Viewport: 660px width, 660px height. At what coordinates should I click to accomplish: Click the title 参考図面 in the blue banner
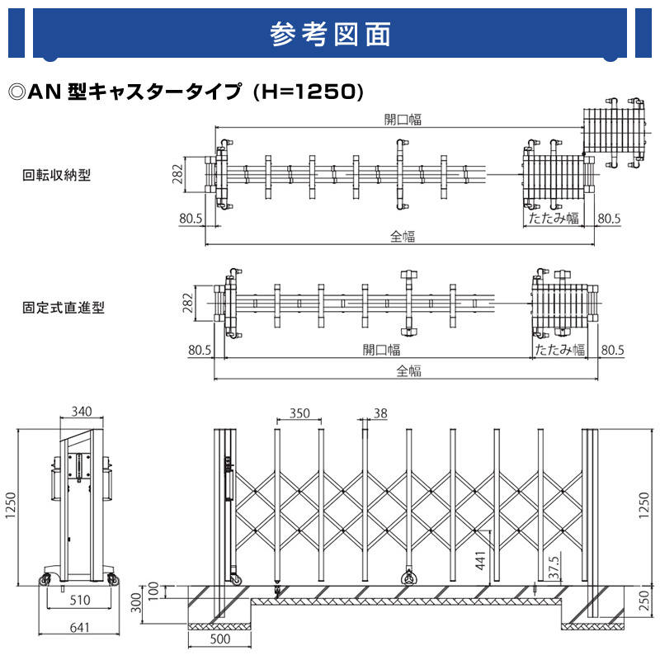tap(330, 35)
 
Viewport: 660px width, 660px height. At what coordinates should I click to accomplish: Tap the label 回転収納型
tap(56, 175)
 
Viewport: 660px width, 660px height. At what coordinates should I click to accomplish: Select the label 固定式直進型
tap(64, 308)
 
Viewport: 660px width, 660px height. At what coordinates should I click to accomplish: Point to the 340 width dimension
tap(82, 412)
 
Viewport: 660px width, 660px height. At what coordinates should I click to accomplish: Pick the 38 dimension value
tap(379, 412)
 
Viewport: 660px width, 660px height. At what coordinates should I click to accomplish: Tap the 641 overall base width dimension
tap(79, 628)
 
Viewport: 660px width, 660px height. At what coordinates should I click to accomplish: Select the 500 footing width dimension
tap(219, 638)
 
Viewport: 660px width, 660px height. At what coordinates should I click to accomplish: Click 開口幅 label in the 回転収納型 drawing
tap(403, 120)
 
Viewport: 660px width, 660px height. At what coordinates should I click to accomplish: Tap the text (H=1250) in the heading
tap(309, 91)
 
